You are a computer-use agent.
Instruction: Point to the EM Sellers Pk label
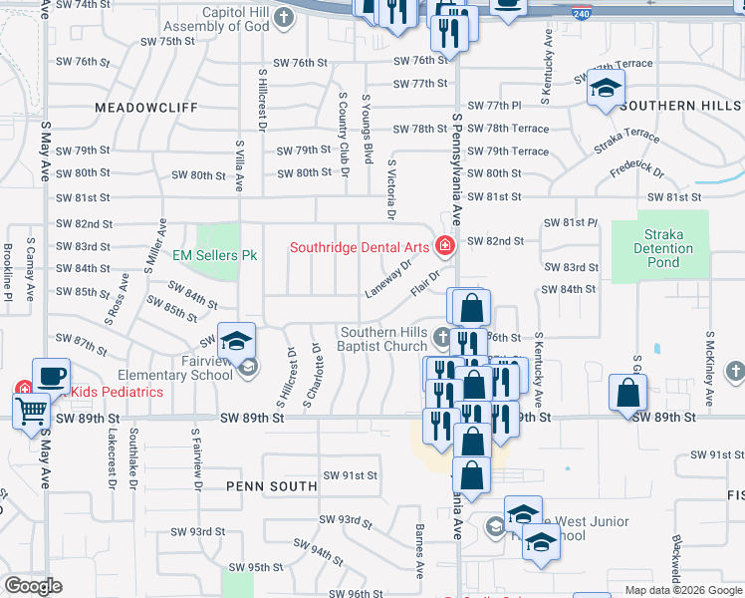click(215, 256)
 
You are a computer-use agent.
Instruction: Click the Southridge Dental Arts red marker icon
click(444, 246)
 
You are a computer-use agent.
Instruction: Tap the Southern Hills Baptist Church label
click(385, 338)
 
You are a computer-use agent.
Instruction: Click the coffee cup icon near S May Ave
click(51, 377)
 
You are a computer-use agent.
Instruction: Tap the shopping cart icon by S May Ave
click(32, 409)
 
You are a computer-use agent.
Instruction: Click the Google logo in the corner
click(33, 586)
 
